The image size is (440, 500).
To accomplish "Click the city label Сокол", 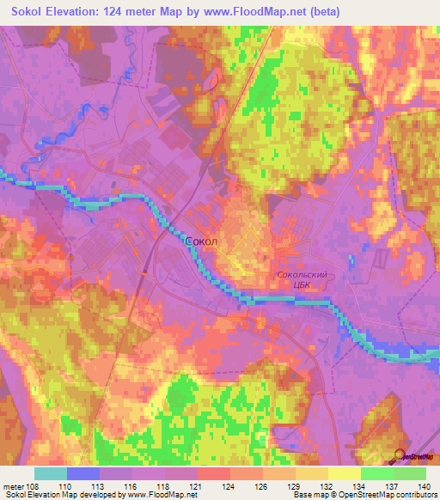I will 202,243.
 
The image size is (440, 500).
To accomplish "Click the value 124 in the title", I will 125,11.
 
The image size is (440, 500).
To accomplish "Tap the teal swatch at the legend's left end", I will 51,473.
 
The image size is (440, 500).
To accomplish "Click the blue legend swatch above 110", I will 83,473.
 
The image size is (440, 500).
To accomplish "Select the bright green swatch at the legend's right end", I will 409,473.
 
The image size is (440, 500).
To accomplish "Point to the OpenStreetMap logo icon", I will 400,455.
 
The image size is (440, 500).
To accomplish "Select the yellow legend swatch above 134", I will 344,473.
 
